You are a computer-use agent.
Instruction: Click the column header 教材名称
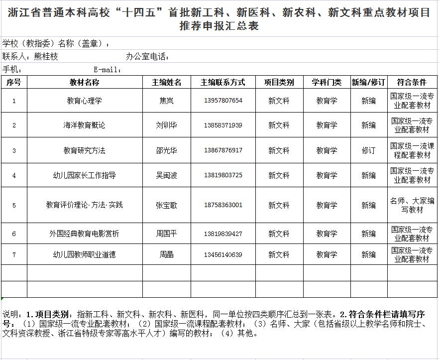[x=85, y=82]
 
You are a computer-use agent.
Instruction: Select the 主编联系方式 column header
[x=223, y=82]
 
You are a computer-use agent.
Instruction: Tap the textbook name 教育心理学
[x=85, y=101]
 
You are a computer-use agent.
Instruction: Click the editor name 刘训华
[x=166, y=125]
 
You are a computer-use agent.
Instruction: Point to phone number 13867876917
[x=223, y=150]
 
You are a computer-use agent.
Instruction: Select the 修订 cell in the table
[x=368, y=150]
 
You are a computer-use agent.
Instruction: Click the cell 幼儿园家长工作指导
[x=85, y=175]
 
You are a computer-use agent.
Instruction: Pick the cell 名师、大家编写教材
[x=412, y=205]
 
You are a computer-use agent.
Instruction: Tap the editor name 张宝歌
[x=166, y=205]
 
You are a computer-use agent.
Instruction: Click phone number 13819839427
[x=223, y=234]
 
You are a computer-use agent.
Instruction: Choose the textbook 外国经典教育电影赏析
[x=85, y=234]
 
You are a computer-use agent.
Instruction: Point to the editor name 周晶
[x=166, y=254]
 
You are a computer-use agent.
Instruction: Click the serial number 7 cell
[x=14, y=254]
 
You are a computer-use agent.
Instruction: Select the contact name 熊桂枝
[x=46, y=57]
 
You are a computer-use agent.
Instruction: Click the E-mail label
[x=108, y=70]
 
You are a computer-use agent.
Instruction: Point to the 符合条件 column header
[x=412, y=82]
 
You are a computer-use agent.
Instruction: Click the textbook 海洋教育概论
[x=85, y=125]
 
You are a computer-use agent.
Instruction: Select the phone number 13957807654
[x=223, y=101]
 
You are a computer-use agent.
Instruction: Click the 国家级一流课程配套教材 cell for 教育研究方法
[x=412, y=150]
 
